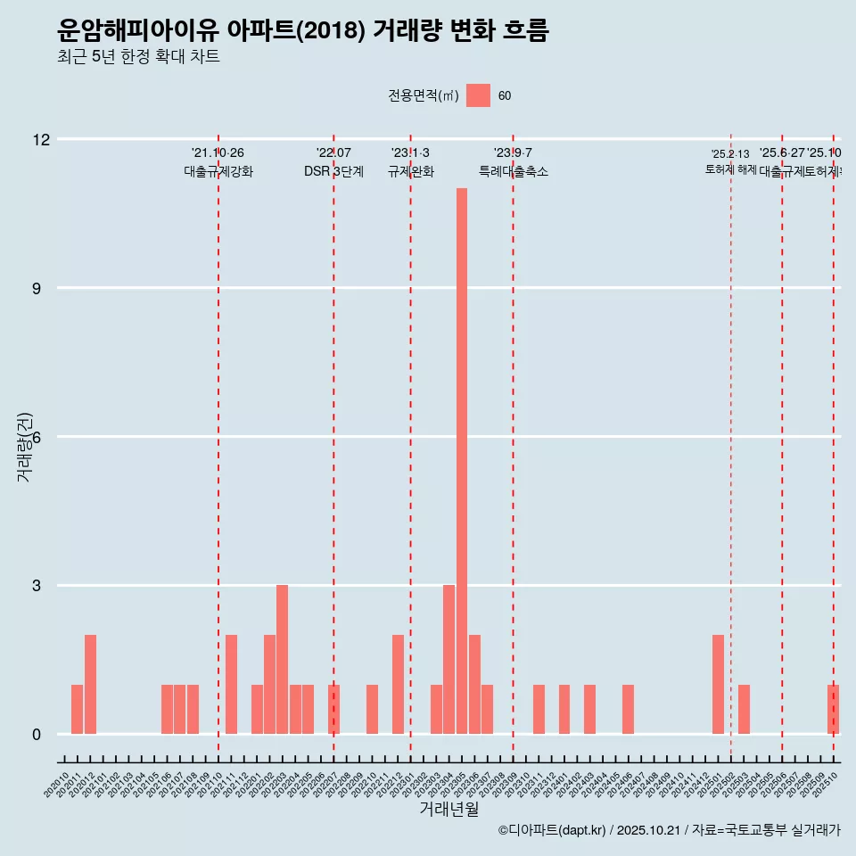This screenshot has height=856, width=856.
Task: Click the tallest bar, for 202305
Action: tap(462, 461)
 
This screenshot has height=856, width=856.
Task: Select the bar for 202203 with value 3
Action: tap(282, 660)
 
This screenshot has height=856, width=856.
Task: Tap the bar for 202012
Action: tap(90, 685)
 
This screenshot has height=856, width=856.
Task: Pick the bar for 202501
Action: tap(718, 685)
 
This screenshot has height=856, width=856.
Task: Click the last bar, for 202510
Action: tap(833, 710)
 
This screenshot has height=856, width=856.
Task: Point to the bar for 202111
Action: tap(231, 685)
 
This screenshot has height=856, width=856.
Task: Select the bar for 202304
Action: tap(449, 660)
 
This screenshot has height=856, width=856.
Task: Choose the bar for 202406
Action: tap(628, 710)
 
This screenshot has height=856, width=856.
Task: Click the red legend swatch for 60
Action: tap(478, 95)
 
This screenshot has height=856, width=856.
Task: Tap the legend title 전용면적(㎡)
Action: tap(424, 96)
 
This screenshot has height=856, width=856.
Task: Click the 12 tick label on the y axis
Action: tap(41, 139)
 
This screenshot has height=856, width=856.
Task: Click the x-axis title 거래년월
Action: tap(449, 809)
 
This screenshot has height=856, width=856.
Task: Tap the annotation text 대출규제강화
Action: tap(218, 171)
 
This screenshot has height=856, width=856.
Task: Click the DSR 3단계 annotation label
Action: tap(333, 171)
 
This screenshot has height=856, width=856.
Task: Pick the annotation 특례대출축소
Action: tap(513, 171)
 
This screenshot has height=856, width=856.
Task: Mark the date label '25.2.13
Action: tap(730, 154)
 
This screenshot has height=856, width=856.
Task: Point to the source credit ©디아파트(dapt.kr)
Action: tap(552, 830)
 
